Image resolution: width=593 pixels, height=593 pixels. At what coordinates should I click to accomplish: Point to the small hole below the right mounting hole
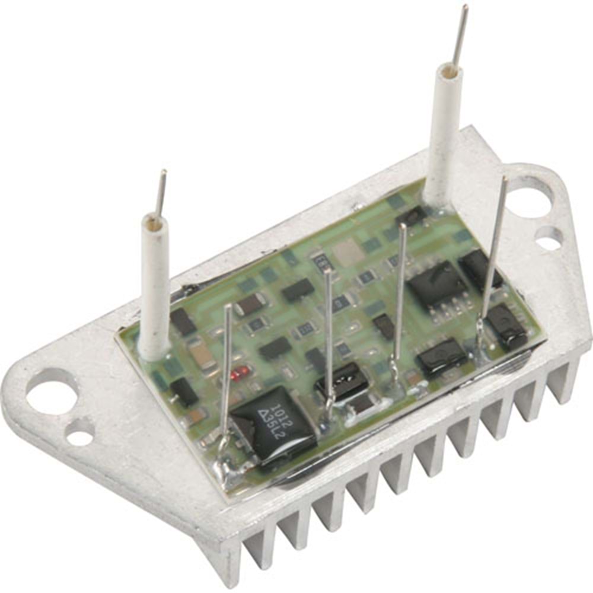coord(549,241)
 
